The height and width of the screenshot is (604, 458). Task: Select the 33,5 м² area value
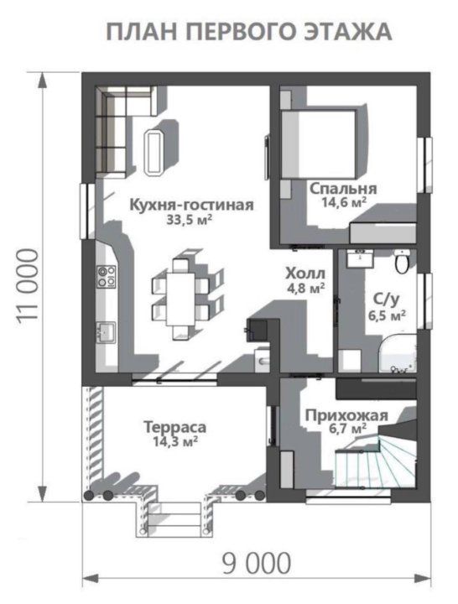189,221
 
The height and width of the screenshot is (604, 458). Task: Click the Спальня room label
342,188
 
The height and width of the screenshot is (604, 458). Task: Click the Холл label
305,273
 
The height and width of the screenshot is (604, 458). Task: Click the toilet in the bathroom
402,263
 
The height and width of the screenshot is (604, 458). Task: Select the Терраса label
174,426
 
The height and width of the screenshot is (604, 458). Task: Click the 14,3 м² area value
174,441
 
